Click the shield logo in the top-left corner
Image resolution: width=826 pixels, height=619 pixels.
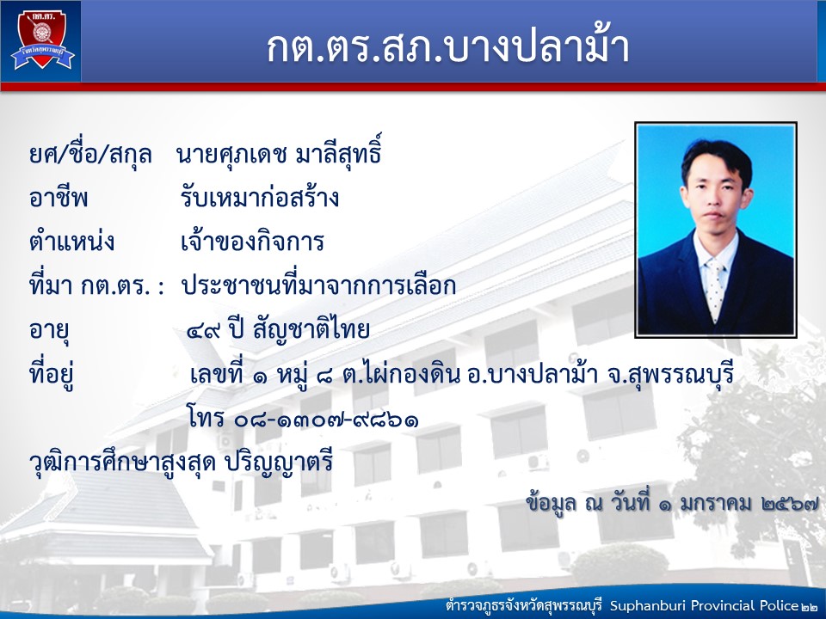click(x=43, y=40)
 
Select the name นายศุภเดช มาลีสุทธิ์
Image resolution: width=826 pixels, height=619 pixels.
click(x=279, y=153)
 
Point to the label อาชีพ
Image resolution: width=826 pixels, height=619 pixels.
click(x=59, y=198)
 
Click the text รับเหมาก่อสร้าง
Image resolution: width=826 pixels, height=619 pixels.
click(x=259, y=198)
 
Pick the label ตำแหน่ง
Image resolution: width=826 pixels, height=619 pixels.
click(x=71, y=241)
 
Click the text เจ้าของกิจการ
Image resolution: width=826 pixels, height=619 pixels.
click(x=252, y=242)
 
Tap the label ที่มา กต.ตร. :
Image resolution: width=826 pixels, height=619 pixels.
click(x=97, y=285)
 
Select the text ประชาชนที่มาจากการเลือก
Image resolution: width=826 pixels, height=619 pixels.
click(x=318, y=285)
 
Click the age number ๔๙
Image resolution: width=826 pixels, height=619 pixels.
click(x=203, y=331)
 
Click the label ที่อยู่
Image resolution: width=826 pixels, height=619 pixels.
click(x=51, y=375)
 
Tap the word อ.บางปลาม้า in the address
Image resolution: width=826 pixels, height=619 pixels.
click(x=532, y=375)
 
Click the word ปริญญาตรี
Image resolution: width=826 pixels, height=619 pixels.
click(x=279, y=463)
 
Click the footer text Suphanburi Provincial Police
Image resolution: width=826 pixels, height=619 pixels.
click(x=705, y=605)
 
